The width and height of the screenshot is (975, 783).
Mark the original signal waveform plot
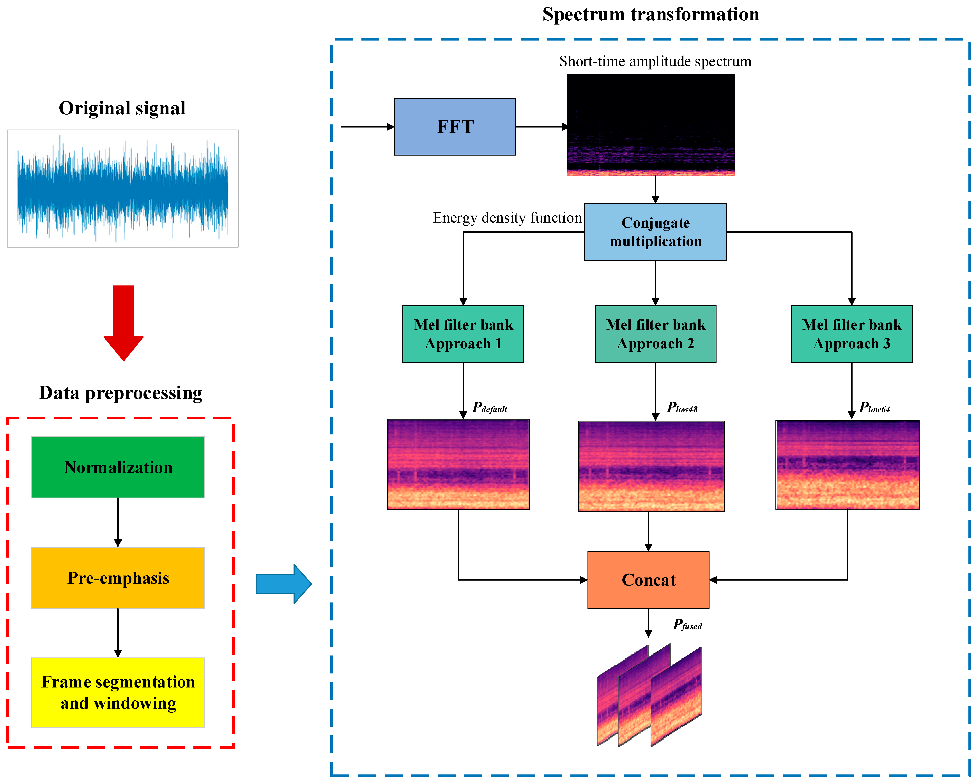pos(122,189)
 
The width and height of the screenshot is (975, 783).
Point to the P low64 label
pos(874,407)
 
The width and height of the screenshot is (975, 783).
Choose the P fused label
pos(687,625)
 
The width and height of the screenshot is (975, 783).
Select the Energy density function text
pos(507,218)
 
